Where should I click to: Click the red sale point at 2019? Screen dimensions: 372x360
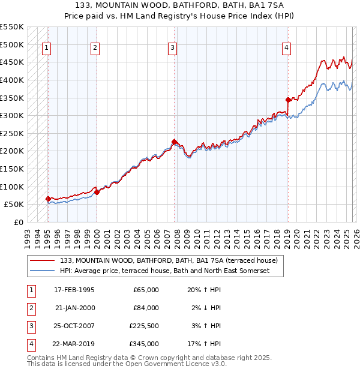coord(288,100)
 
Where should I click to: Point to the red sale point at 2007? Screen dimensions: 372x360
coord(174,142)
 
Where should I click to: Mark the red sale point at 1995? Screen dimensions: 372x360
coord(48,199)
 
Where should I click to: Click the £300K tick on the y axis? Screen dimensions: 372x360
coord(12,115)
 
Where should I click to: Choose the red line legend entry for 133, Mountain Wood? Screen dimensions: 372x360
coord(169,261)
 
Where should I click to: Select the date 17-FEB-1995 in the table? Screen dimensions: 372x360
coord(74,290)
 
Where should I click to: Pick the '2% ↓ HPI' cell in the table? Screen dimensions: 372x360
coord(206,308)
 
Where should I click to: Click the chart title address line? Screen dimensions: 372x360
coord(180,5)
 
